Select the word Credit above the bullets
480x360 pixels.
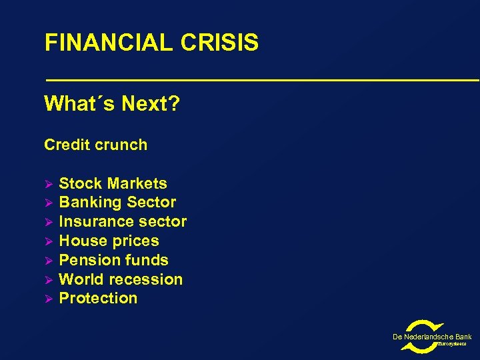[65, 145]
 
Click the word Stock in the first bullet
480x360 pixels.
[80, 183]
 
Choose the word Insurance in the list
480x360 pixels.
[94, 221]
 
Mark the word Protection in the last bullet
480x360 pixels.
[98, 298]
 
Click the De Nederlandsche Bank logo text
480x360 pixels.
[432, 337]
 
